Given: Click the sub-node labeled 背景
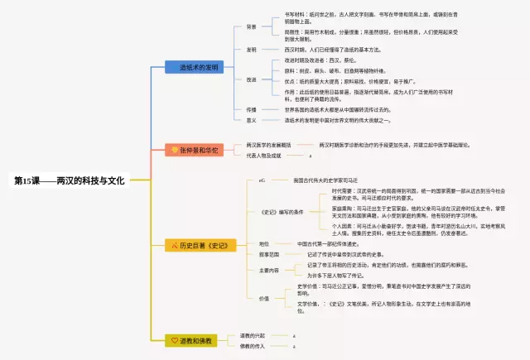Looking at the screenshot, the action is (x=251, y=26).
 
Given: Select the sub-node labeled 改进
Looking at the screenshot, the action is (x=251, y=79).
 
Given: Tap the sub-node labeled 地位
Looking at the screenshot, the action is (x=263, y=244).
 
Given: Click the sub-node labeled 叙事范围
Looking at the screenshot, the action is (x=268, y=255).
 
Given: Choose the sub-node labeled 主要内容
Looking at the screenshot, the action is (x=268, y=270).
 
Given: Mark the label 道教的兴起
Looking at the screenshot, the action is (x=253, y=335).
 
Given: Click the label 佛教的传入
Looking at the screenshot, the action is (x=253, y=345).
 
